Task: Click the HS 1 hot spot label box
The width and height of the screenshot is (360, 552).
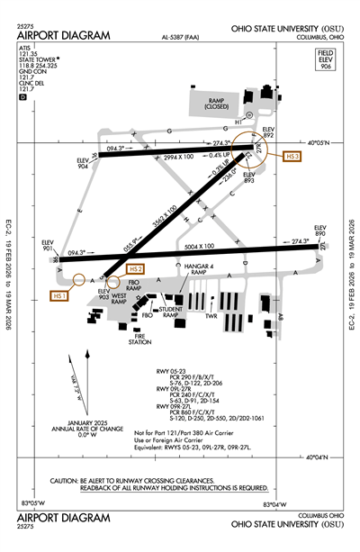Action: [x=60, y=296]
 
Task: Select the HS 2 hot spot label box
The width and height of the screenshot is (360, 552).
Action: [x=136, y=269]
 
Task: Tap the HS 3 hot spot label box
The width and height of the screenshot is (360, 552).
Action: [x=292, y=157]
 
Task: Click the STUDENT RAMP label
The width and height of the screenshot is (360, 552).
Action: [x=175, y=312]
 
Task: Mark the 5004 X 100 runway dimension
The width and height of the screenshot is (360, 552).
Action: [x=199, y=246]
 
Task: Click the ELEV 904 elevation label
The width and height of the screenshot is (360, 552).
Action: [x=83, y=164]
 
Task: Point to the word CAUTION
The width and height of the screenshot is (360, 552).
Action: [x=67, y=481]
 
